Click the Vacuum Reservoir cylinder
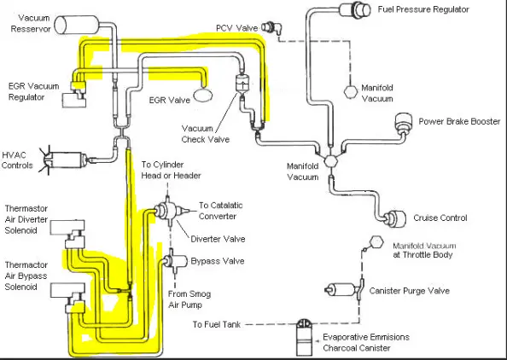pyautogui.click(x=76, y=25)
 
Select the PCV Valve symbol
pyautogui.click(x=271, y=27)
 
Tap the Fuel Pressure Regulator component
pyautogui.click(x=355, y=9)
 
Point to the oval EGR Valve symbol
pyautogui.click(x=203, y=96)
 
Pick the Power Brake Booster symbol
pyautogui.click(x=403, y=123)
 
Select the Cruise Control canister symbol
pyautogui.click(x=395, y=218)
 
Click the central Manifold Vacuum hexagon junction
pyautogui.click(x=331, y=160)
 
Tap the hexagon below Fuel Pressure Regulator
pyautogui.click(x=351, y=92)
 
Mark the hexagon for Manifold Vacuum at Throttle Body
pyautogui.click(x=376, y=241)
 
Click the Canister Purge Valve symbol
pyautogui.click(x=345, y=289)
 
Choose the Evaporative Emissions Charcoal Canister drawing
pyautogui.click(x=304, y=337)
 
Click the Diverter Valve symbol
pyautogui.click(x=170, y=211)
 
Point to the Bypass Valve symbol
pyautogui.click(x=175, y=261)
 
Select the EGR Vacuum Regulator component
pyautogui.click(x=75, y=95)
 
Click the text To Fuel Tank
pyautogui.click(x=216, y=324)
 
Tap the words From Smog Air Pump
pyautogui.click(x=189, y=299)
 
